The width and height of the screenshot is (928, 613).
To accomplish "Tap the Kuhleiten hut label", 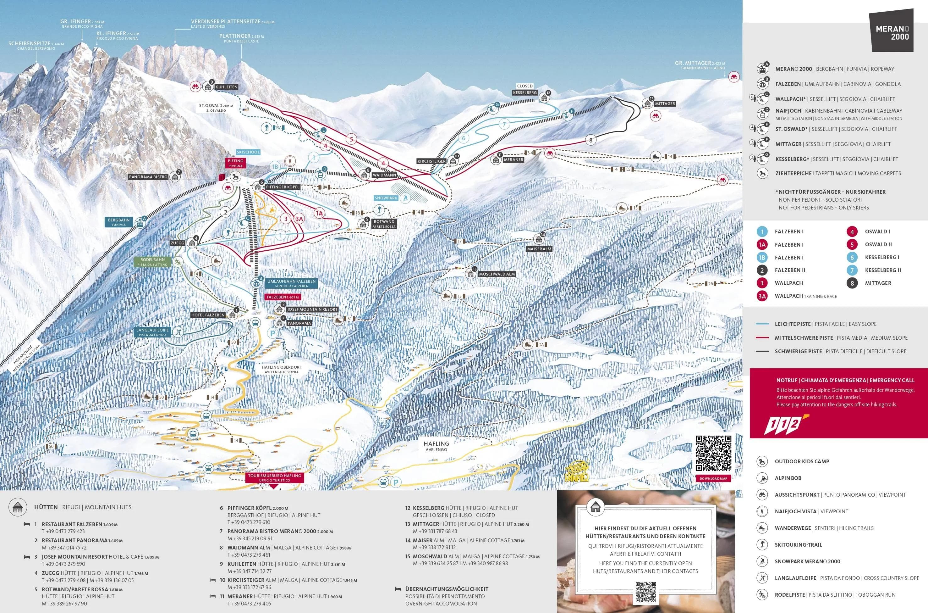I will click(226, 87).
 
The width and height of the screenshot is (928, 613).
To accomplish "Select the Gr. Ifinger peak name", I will click(82, 22).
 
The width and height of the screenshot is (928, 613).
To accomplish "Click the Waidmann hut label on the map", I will click(384, 175).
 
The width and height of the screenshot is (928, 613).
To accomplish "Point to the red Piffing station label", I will click(235, 163).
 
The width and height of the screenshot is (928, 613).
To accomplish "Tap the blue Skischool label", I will click(248, 152).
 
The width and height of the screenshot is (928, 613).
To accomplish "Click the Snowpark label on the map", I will click(386, 198).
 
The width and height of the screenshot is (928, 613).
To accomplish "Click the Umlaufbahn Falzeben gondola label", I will click(291, 283).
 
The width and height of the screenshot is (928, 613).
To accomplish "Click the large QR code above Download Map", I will click(713, 454).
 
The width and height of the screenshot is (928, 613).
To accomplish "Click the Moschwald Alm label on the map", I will click(497, 274).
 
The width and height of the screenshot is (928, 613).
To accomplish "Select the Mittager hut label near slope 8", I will click(665, 103).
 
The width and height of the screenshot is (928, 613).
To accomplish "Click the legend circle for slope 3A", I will click(762, 296).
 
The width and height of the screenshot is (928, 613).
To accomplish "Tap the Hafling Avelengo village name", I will click(436, 445).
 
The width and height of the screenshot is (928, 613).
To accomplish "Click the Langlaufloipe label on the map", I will click(153, 332).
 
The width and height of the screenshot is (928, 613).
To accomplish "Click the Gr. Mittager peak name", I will click(700, 63).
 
